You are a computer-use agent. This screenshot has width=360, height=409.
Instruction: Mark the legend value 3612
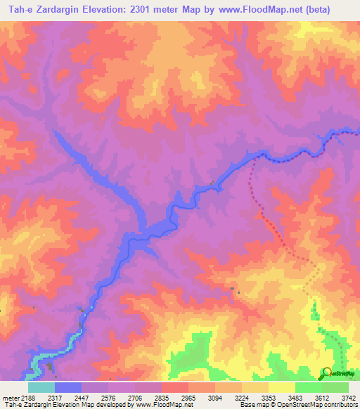321,397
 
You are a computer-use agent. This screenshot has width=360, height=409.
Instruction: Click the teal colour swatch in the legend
41,387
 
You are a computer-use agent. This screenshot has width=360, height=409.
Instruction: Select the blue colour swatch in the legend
67,387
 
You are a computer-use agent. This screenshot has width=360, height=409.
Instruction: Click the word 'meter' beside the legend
10,397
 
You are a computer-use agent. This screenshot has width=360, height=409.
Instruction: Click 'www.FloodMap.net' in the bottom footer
162,405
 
